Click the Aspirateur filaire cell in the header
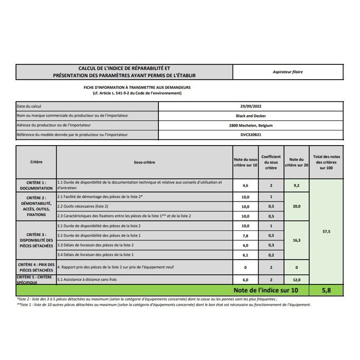tap(287, 72)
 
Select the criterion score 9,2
tap(296, 185)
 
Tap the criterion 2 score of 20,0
tap(296, 206)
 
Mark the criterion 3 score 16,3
tap(296, 240)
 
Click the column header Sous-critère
tap(144, 162)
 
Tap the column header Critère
tap(36, 162)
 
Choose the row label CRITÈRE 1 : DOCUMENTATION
tap(36, 185)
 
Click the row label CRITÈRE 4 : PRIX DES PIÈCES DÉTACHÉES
tap(36, 267)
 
